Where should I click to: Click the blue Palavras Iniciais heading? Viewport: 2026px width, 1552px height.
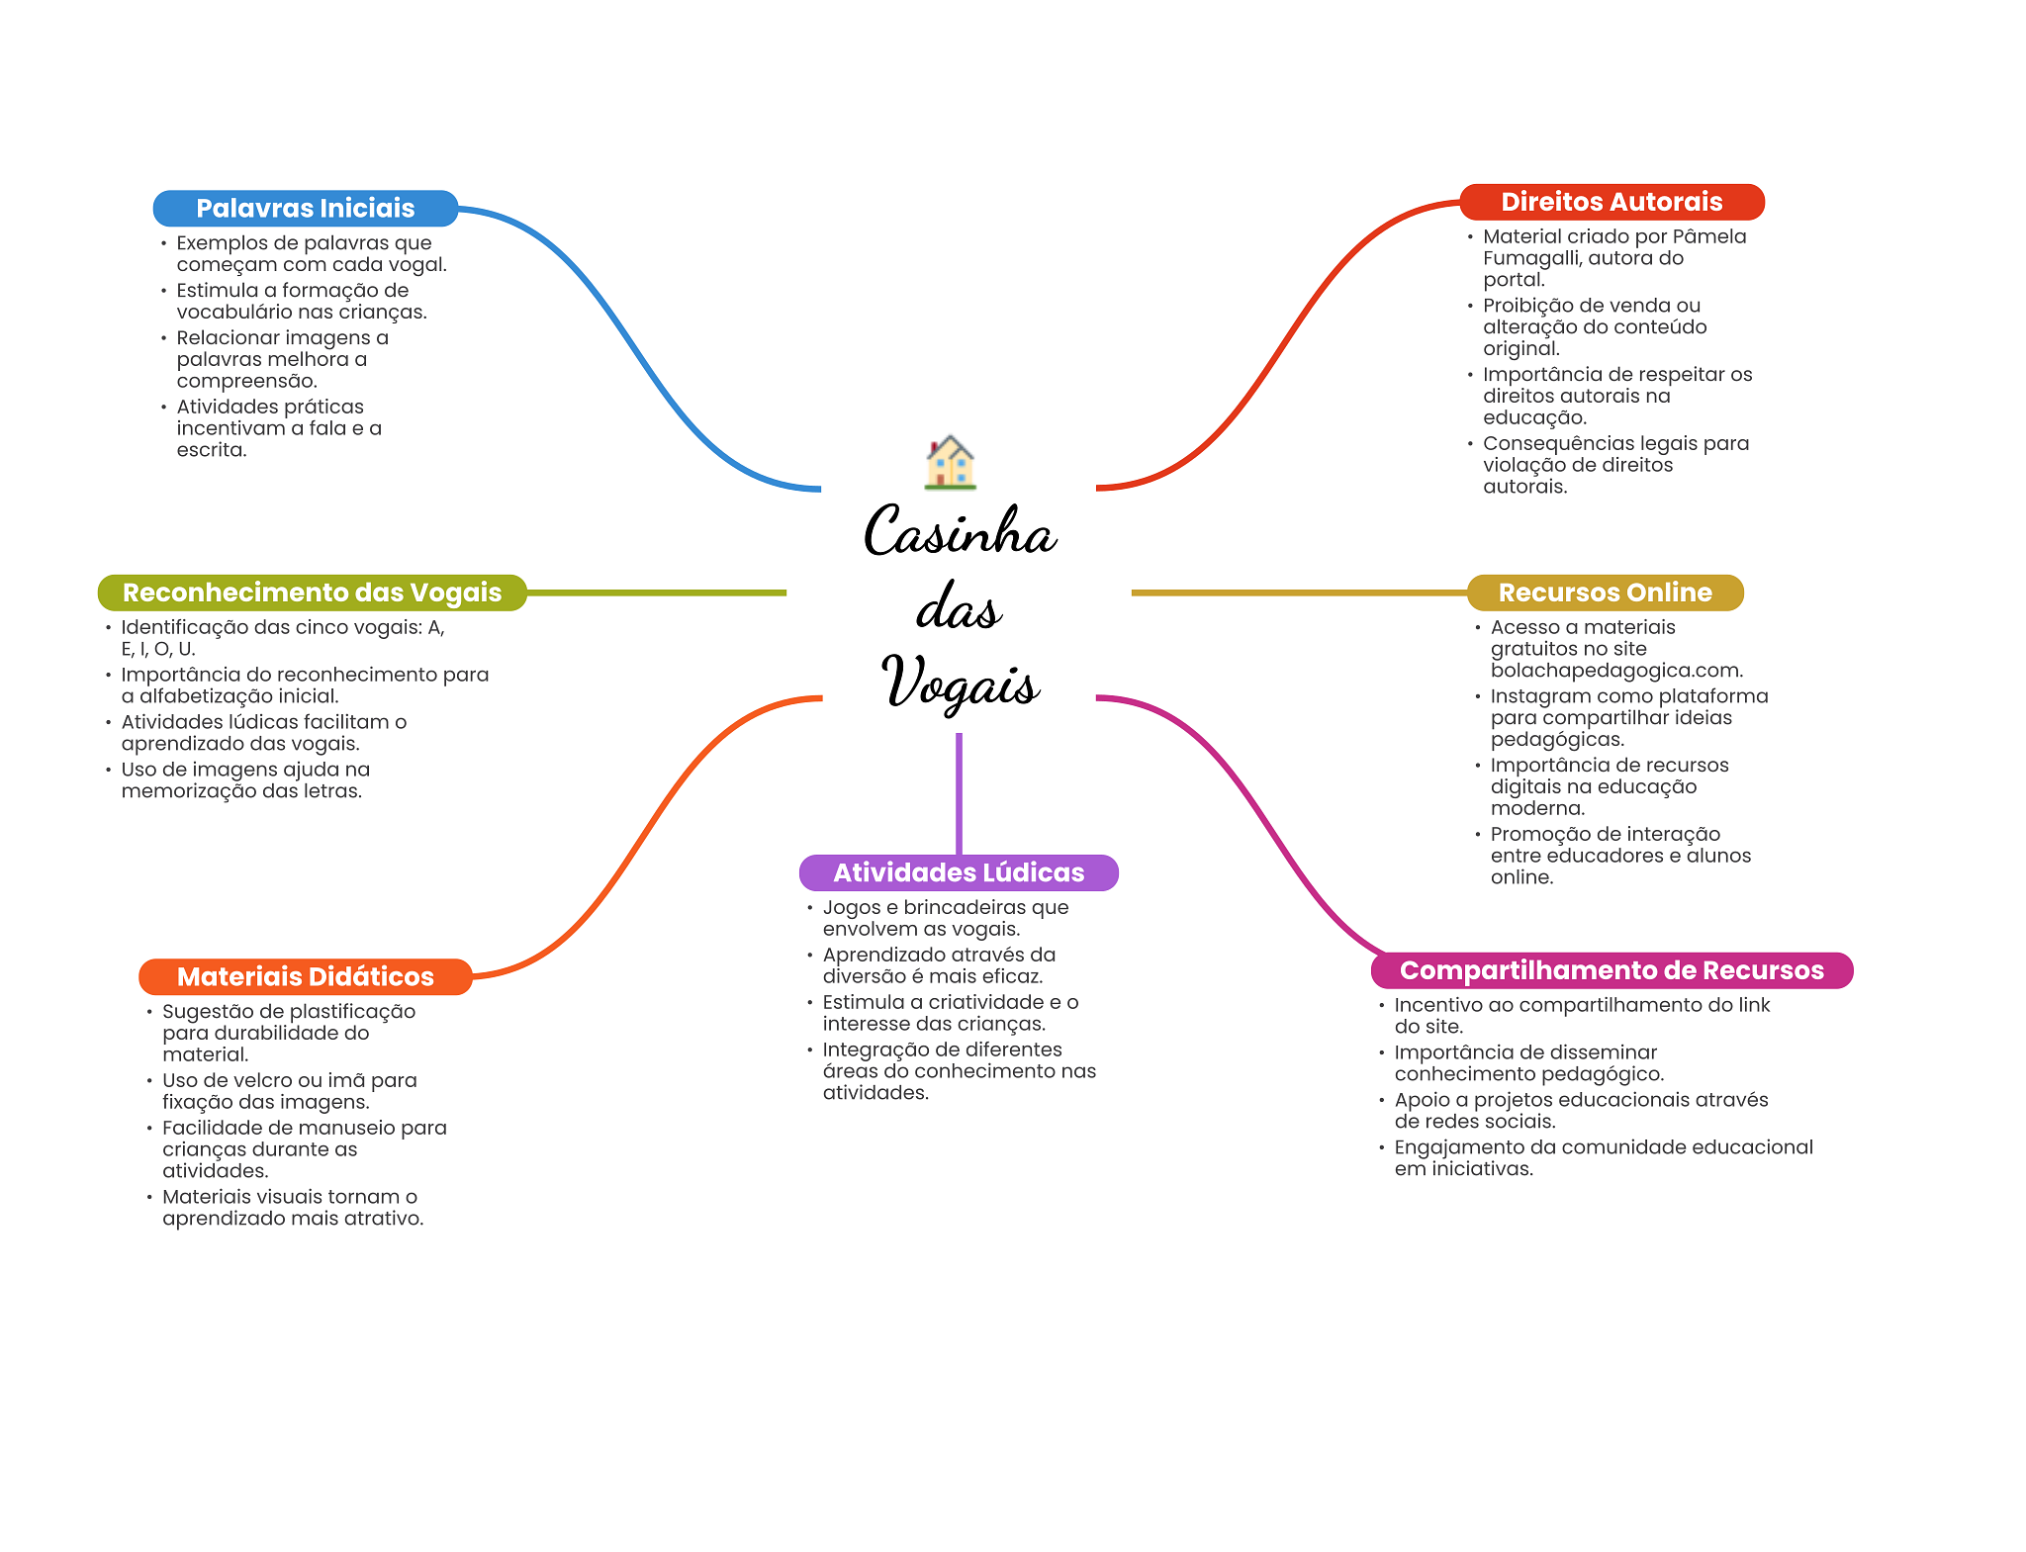click(x=306, y=209)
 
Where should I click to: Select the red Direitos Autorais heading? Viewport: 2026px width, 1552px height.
click(x=1612, y=202)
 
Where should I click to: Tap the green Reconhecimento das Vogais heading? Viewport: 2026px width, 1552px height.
click(x=312, y=593)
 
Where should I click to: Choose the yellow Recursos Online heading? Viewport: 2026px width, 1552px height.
click(x=1605, y=593)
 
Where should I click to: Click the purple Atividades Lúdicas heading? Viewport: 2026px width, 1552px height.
click(x=959, y=872)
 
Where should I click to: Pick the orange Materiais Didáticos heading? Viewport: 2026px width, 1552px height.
click(x=305, y=976)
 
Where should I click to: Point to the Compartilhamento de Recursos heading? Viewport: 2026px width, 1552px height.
click(x=1612, y=970)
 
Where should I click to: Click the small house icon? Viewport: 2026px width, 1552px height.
click(x=951, y=462)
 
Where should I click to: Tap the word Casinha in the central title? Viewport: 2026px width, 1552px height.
click(x=961, y=531)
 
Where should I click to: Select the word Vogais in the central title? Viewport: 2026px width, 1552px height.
click(x=961, y=682)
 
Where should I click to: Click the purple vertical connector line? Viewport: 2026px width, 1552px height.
click(x=959, y=793)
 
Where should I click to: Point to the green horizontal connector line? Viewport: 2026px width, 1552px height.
click(x=657, y=593)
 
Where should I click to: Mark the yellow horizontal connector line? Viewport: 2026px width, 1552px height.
click(x=1299, y=593)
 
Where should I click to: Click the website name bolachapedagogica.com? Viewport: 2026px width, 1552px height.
click(x=1616, y=671)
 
